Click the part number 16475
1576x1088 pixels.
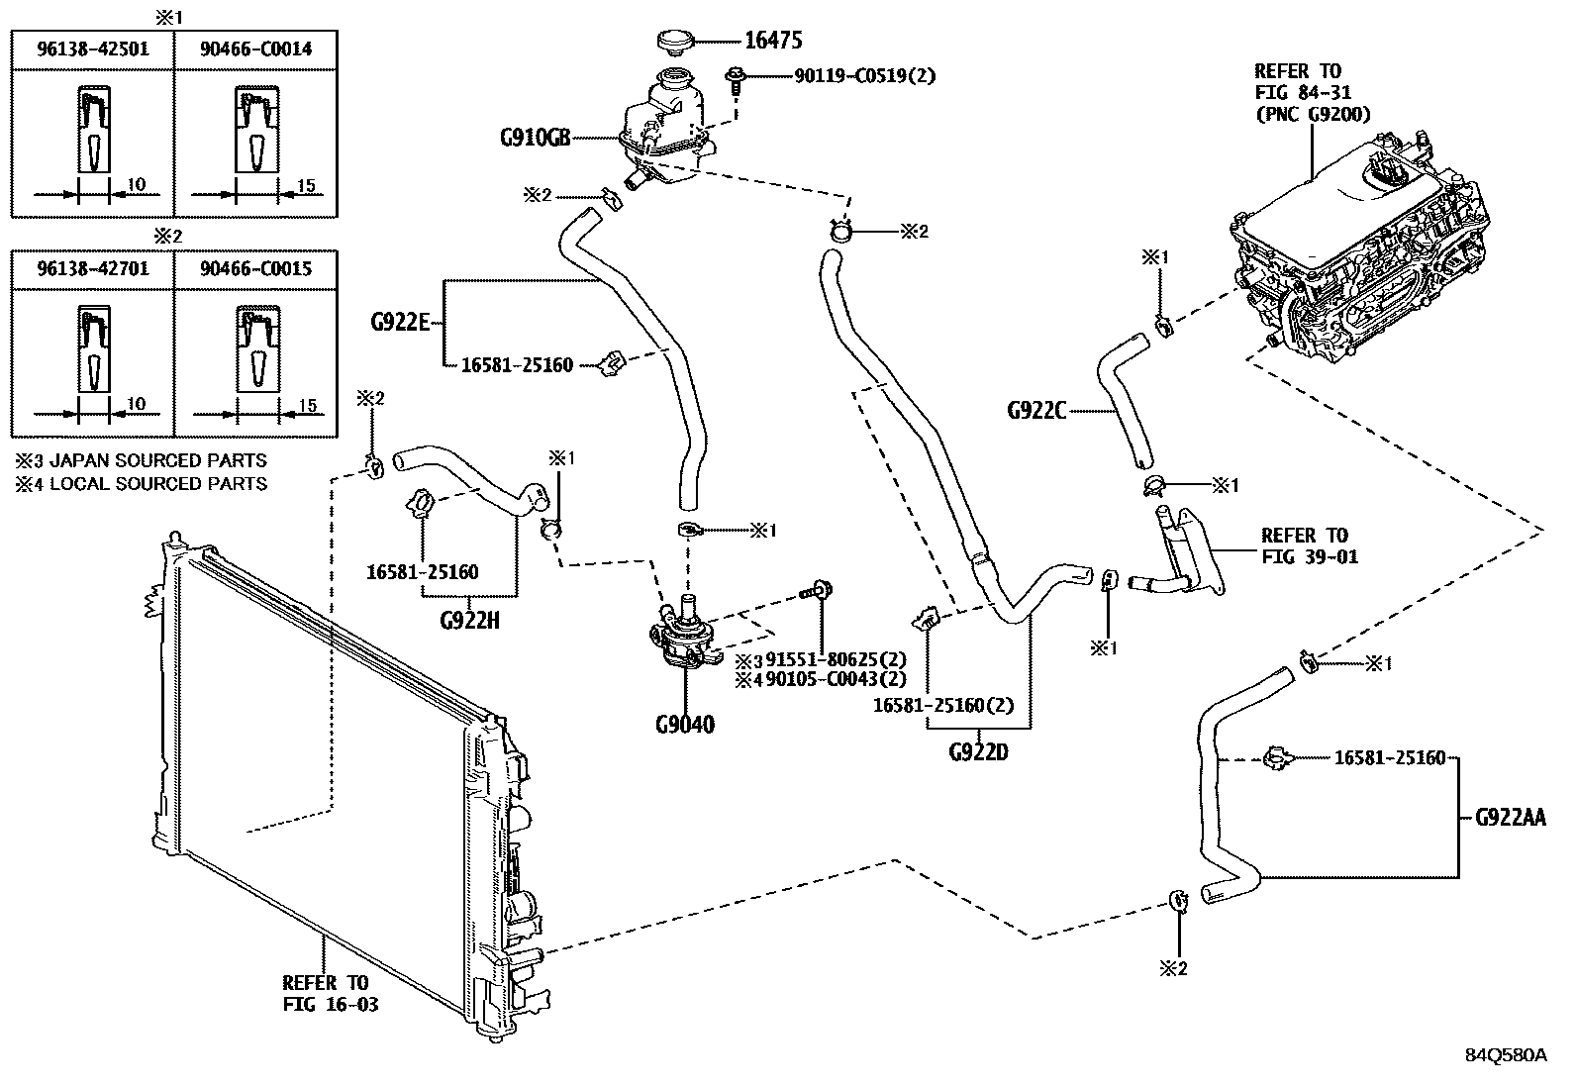pos(772,41)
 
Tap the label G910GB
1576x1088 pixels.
pos(534,139)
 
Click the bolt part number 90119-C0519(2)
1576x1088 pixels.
pos(864,75)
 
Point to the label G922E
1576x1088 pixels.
pos(400,322)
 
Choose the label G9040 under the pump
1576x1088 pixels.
pos(684,725)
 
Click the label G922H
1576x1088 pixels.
pos(469,621)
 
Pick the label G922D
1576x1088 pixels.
pos(978,752)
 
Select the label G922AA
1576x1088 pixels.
pos(1510,818)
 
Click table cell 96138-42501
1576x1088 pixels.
pos(92,49)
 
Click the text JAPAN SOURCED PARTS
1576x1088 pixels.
pos(158,460)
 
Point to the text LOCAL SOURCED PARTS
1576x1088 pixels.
pos(158,484)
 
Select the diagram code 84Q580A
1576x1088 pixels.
pos(1506,1055)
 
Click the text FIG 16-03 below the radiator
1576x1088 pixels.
pos(331,1005)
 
